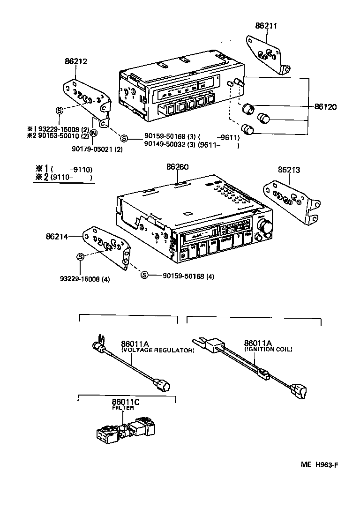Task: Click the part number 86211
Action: [266, 26]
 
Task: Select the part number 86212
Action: [75, 61]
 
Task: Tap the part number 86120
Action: [325, 107]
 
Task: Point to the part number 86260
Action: [177, 167]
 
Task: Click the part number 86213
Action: [289, 170]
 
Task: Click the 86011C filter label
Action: [126, 402]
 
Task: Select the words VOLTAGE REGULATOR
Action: [158, 350]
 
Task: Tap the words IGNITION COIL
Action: [269, 349]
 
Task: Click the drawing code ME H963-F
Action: [319, 465]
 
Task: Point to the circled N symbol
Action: [93, 133]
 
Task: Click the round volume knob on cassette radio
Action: [266, 227]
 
